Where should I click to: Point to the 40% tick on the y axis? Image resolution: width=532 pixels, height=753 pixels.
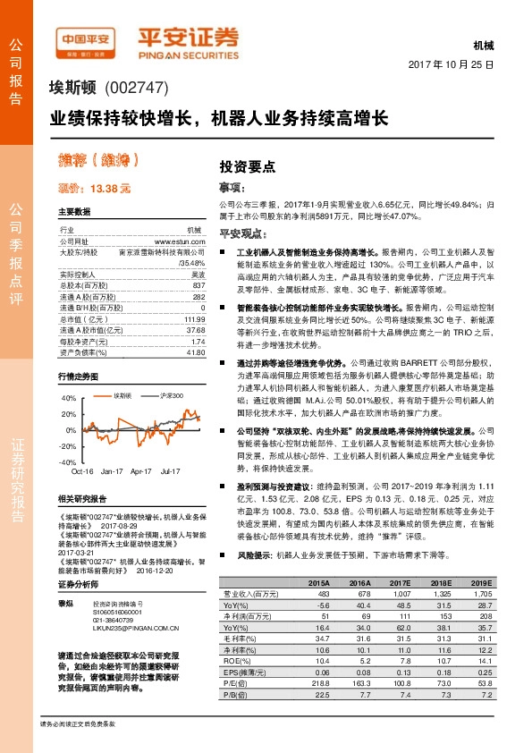coord(68,396)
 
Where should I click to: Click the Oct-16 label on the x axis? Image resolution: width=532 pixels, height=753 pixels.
coord(82,470)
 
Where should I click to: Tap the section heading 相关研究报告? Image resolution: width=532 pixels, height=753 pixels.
coord(81,498)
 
